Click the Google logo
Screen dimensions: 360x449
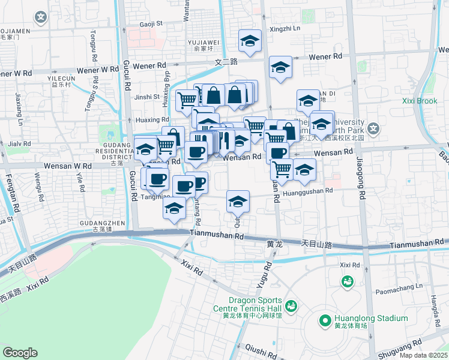(x=20, y=353)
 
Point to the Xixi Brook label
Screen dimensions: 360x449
(x=420, y=101)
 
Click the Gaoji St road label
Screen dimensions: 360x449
(x=151, y=23)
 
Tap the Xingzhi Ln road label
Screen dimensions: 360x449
(x=285, y=28)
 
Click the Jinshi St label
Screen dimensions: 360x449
(x=147, y=97)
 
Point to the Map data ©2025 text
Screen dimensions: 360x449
(x=423, y=355)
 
